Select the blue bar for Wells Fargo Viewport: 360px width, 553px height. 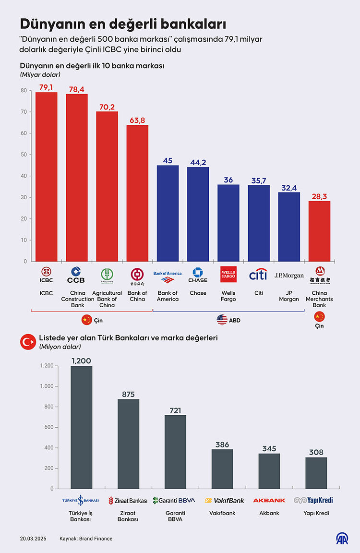pyautogui.click(x=228, y=223)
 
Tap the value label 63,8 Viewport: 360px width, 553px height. pyautogui.click(x=137, y=120)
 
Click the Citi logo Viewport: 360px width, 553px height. pyautogui.click(x=258, y=275)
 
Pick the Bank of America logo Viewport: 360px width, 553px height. pyautogui.click(x=168, y=276)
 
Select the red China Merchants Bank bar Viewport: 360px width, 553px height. pyautogui.click(x=319, y=231)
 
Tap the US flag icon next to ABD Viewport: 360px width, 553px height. pyautogui.click(x=222, y=320)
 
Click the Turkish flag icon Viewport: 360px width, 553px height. pyautogui.click(x=27, y=342)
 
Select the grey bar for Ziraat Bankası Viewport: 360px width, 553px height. pyautogui.click(x=128, y=444)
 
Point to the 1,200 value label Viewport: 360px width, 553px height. pyautogui.click(x=81, y=361)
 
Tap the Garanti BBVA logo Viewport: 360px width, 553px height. pyautogui.click(x=174, y=500)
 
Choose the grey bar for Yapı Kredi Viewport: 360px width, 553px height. pyautogui.click(x=316, y=472)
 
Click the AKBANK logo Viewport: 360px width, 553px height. pyautogui.click(x=269, y=500)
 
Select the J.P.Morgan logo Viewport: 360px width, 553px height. pyautogui.click(x=289, y=276)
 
